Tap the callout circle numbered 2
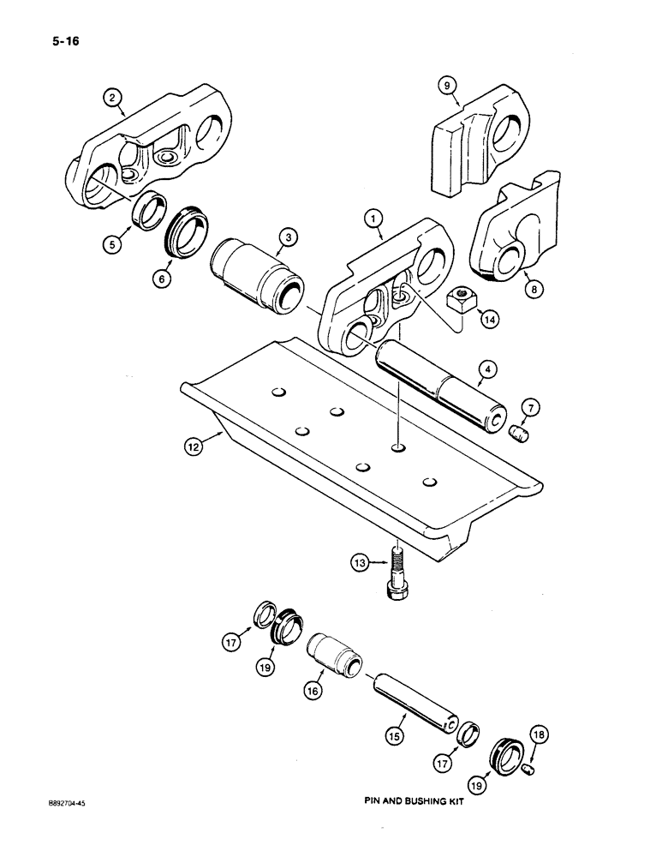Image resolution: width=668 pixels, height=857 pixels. click(x=111, y=98)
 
